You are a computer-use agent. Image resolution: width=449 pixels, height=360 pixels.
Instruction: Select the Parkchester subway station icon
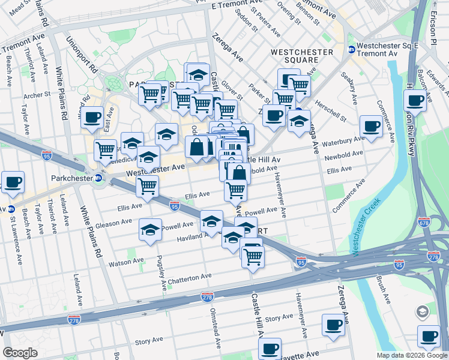(x=98, y=178)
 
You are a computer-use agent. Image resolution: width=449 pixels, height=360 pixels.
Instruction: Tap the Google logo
(x=21, y=352)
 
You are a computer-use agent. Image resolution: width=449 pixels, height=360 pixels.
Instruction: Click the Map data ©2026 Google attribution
(x=411, y=355)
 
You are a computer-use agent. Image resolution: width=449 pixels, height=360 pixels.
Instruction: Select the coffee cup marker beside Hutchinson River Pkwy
(x=415, y=101)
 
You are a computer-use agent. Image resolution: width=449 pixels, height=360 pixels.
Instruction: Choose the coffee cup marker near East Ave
(x=92, y=118)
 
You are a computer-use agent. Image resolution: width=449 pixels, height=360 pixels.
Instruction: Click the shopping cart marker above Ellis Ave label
(x=147, y=186)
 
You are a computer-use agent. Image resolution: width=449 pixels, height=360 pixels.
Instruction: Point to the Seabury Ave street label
(x=348, y=87)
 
